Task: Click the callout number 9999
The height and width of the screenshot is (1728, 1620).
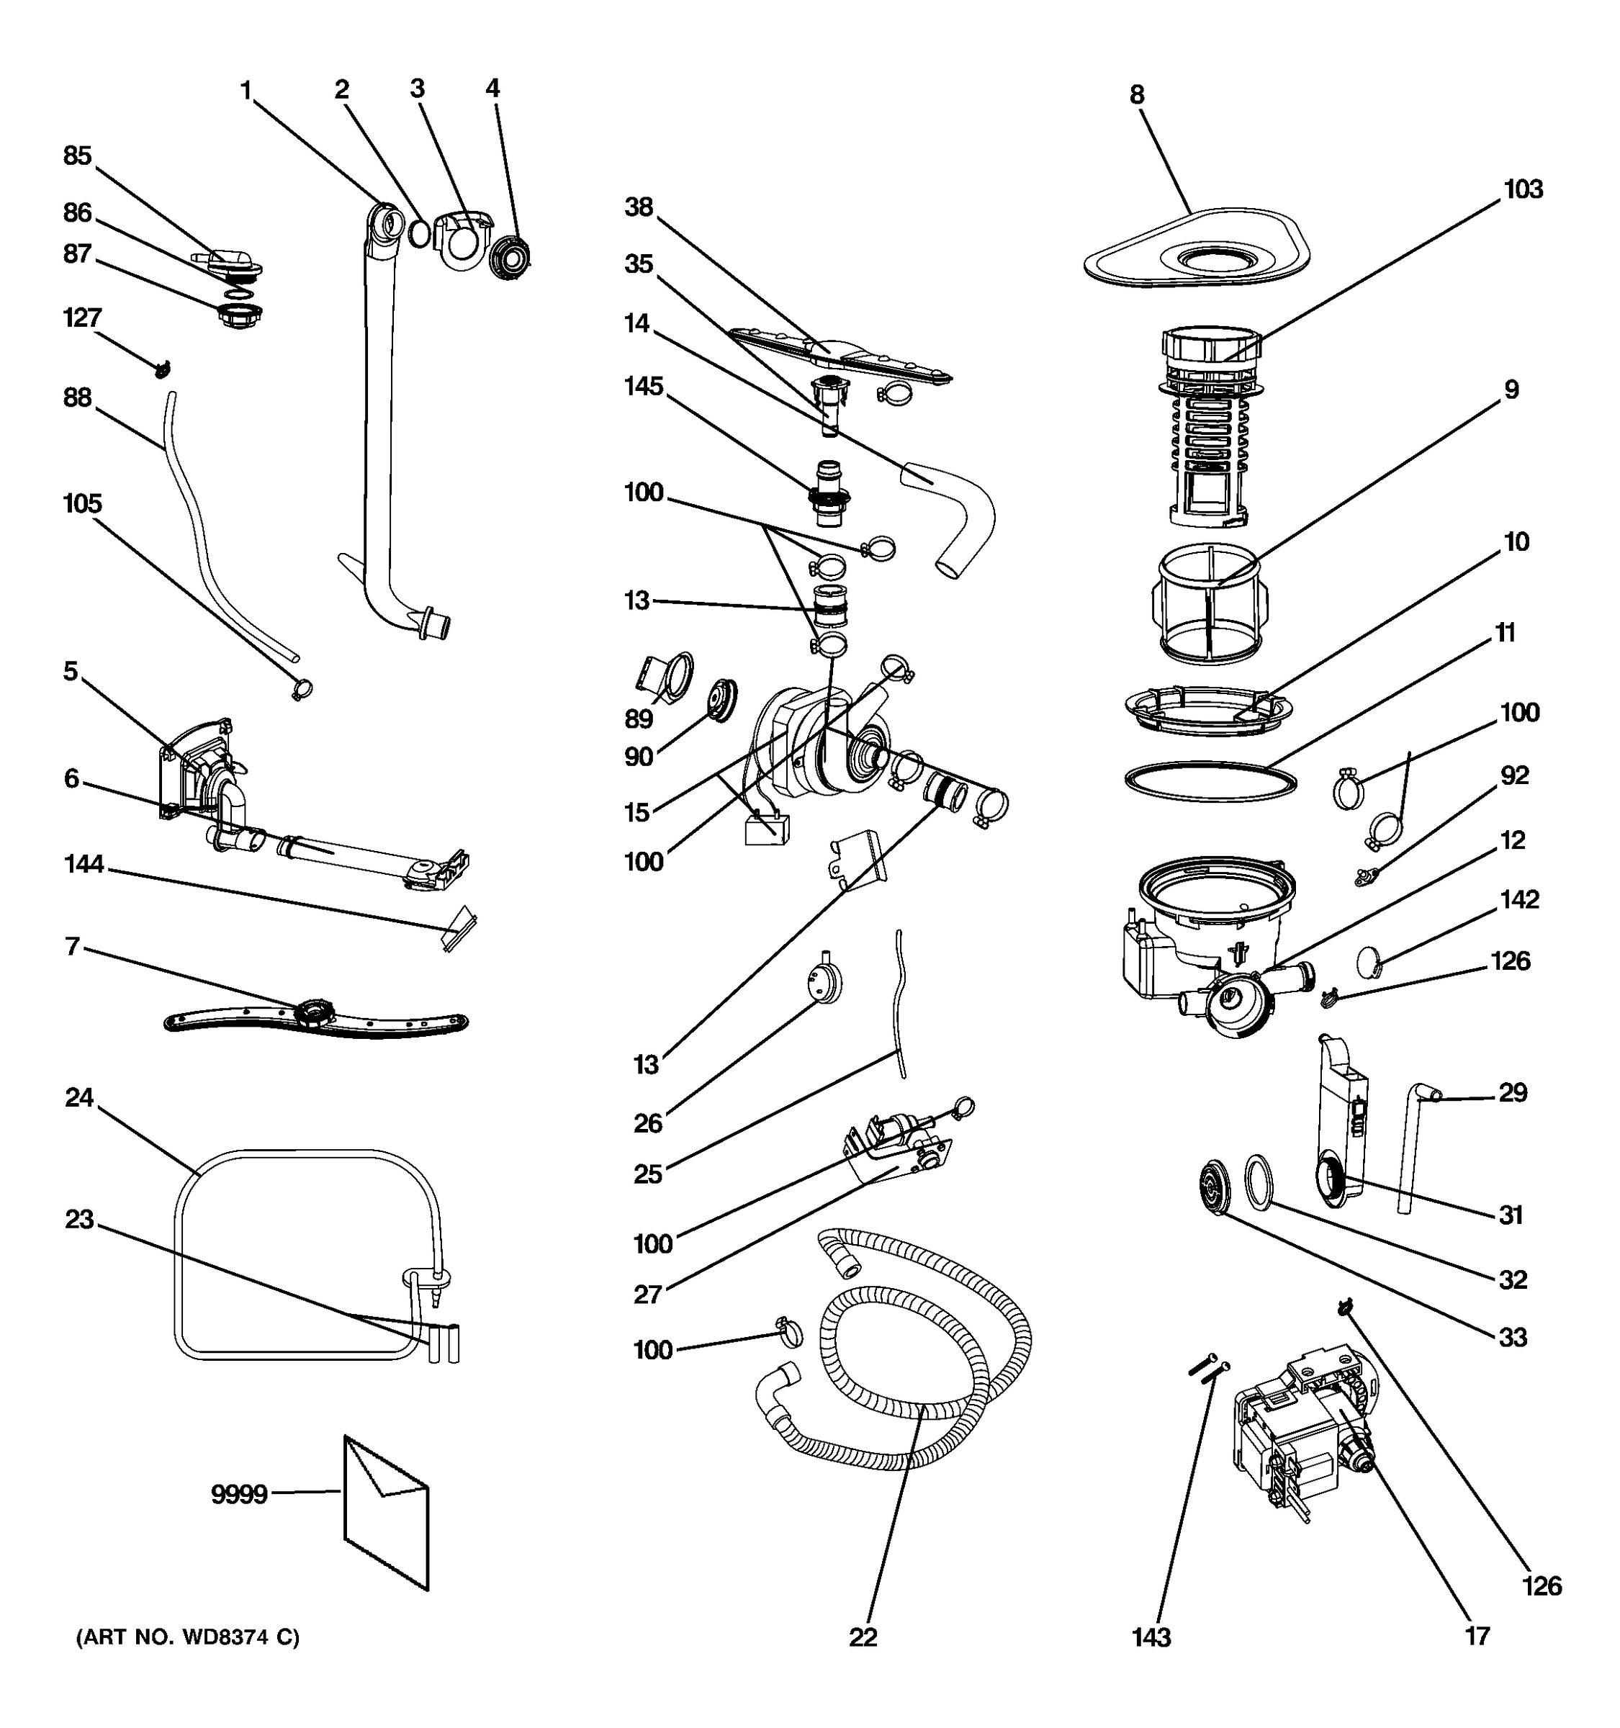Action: (x=238, y=1494)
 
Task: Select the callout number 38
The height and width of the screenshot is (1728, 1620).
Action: (x=639, y=207)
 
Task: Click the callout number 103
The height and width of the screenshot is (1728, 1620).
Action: (x=1523, y=189)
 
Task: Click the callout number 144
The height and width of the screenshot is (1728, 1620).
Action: (x=84, y=864)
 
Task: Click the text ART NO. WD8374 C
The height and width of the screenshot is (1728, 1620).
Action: (x=188, y=1637)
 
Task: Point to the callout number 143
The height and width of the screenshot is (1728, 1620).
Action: (x=1151, y=1637)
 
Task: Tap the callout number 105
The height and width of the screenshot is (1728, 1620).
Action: (x=83, y=503)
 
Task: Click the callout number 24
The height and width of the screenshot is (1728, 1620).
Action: (x=79, y=1098)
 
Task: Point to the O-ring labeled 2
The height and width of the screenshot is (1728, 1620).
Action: (x=419, y=233)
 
